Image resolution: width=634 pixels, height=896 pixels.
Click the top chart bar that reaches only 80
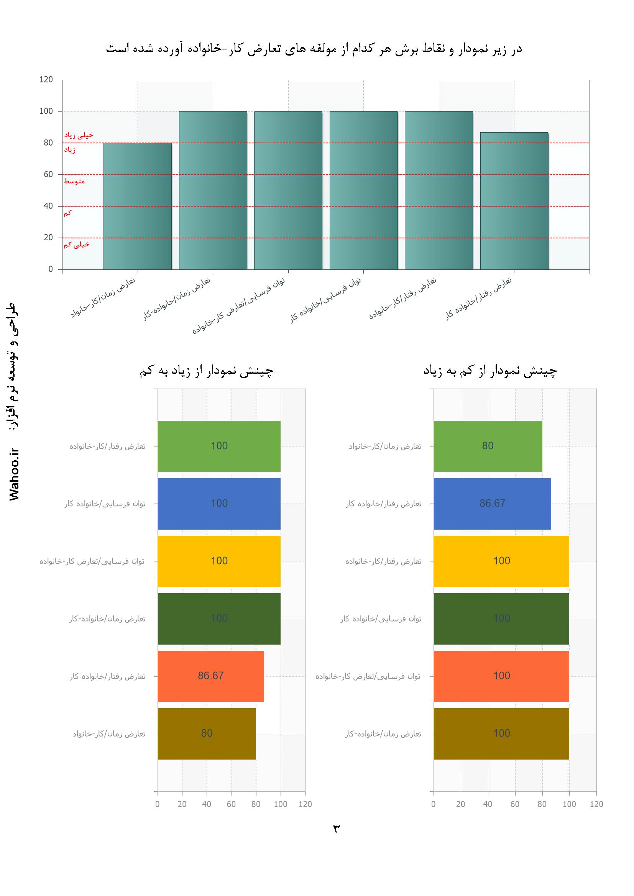tap(138, 206)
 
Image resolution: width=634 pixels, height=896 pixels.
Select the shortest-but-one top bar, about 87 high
tap(514, 201)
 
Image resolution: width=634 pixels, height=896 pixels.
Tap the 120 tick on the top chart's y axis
tap(46, 80)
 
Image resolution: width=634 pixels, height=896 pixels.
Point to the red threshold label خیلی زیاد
tap(79, 135)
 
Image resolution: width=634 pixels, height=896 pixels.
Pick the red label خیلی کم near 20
tap(77, 245)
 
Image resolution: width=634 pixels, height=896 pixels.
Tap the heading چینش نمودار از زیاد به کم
tap(207, 371)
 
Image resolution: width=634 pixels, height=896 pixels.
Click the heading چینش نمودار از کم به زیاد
tap(490, 371)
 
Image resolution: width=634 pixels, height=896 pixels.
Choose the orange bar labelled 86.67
tap(211, 676)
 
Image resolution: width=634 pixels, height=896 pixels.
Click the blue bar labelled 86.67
tap(492, 504)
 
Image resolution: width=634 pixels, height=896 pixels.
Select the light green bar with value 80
tap(488, 446)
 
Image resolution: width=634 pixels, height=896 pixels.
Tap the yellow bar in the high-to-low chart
tap(219, 561)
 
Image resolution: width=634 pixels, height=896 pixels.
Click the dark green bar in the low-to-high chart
tap(501, 619)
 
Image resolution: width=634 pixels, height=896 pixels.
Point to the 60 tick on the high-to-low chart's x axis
tap(231, 804)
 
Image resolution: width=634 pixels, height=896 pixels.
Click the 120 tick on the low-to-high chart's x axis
tap(596, 804)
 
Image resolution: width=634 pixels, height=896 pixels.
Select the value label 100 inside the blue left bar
tap(219, 504)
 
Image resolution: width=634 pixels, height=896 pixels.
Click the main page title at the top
tap(314, 49)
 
